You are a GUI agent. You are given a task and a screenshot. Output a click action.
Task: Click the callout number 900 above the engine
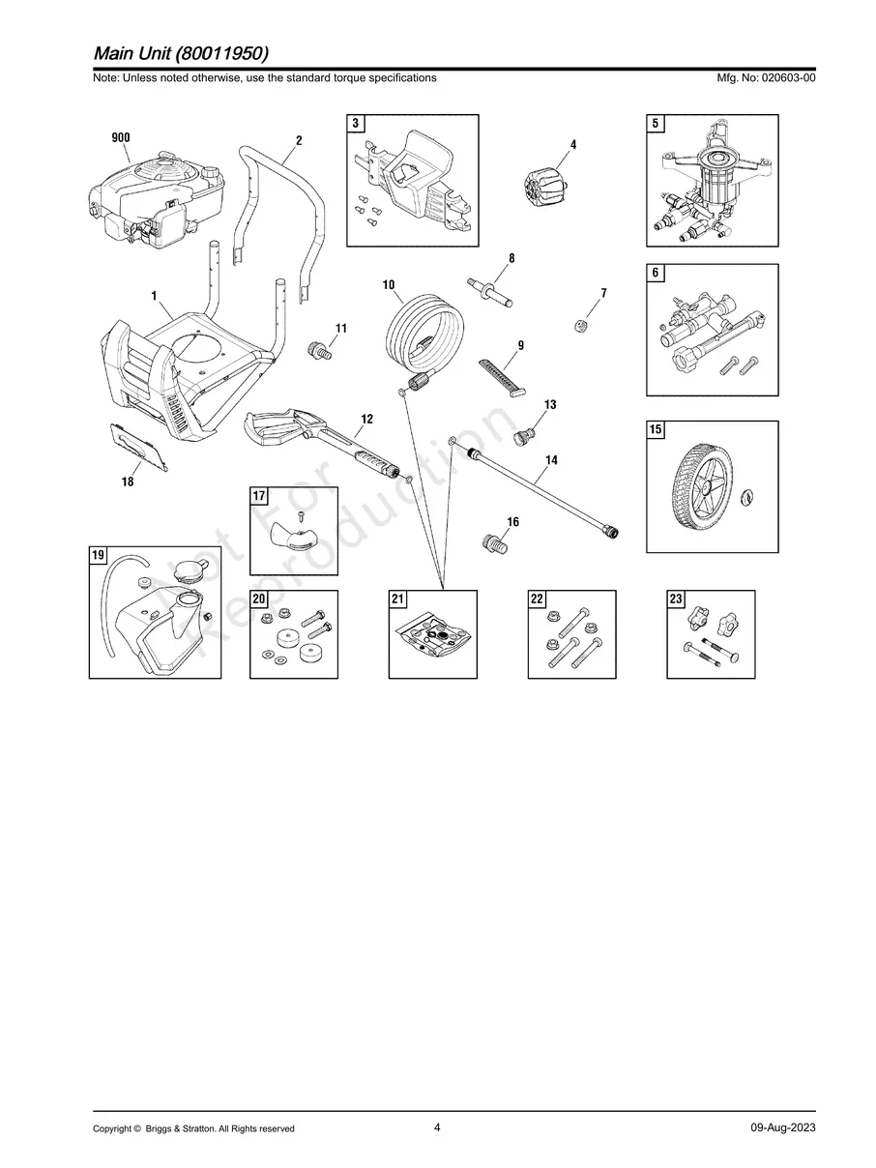click(121, 137)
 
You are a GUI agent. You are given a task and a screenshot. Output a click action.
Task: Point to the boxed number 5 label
click(656, 124)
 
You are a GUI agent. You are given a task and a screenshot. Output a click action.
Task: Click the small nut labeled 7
click(581, 325)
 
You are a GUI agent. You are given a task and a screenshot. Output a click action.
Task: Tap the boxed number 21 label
click(397, 599)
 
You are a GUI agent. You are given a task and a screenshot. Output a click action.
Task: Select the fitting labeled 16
click(495, 543)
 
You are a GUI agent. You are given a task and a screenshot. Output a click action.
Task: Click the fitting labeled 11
click(320, 351)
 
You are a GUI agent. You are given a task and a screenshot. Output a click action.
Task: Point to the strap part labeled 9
click(503, 377)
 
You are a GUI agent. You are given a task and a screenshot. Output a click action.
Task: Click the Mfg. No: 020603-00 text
click(766, 77)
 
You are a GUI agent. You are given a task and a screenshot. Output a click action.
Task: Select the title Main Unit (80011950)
click(181, 53)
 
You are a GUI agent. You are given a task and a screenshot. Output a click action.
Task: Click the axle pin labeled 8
click(490, 292)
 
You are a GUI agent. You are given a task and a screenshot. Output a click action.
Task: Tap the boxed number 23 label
click(676, 599)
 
